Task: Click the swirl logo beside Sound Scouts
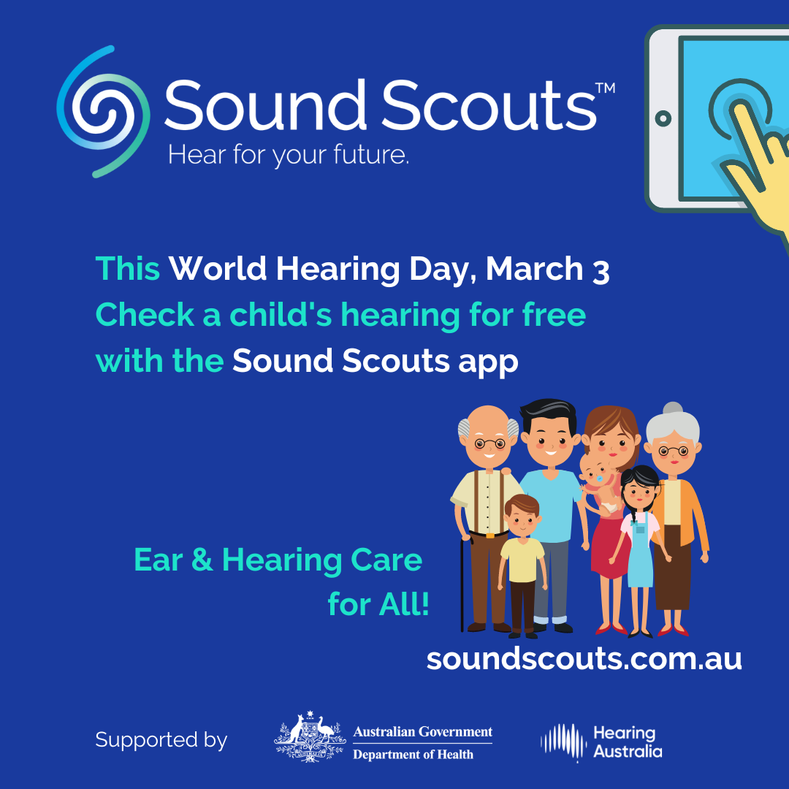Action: click(x=103, y=111)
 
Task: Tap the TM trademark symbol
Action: click(x=606, y=88)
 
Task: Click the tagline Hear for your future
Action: click(x=289, y=156)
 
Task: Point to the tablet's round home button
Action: click(x=663, y=119)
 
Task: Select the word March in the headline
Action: click(x=534, y=269)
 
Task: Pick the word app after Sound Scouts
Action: click(x=488, y=363)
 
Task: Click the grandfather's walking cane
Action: click(x=462, y=584)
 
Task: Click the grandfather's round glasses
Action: click(x=489, y=443)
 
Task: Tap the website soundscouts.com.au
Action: click(x=584, y=658)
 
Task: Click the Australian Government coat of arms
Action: click(x=310, y=736)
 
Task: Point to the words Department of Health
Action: click(x=413, y=754)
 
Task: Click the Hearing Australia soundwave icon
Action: click(x=563, y=742)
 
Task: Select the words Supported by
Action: click(x=161, y=741)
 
